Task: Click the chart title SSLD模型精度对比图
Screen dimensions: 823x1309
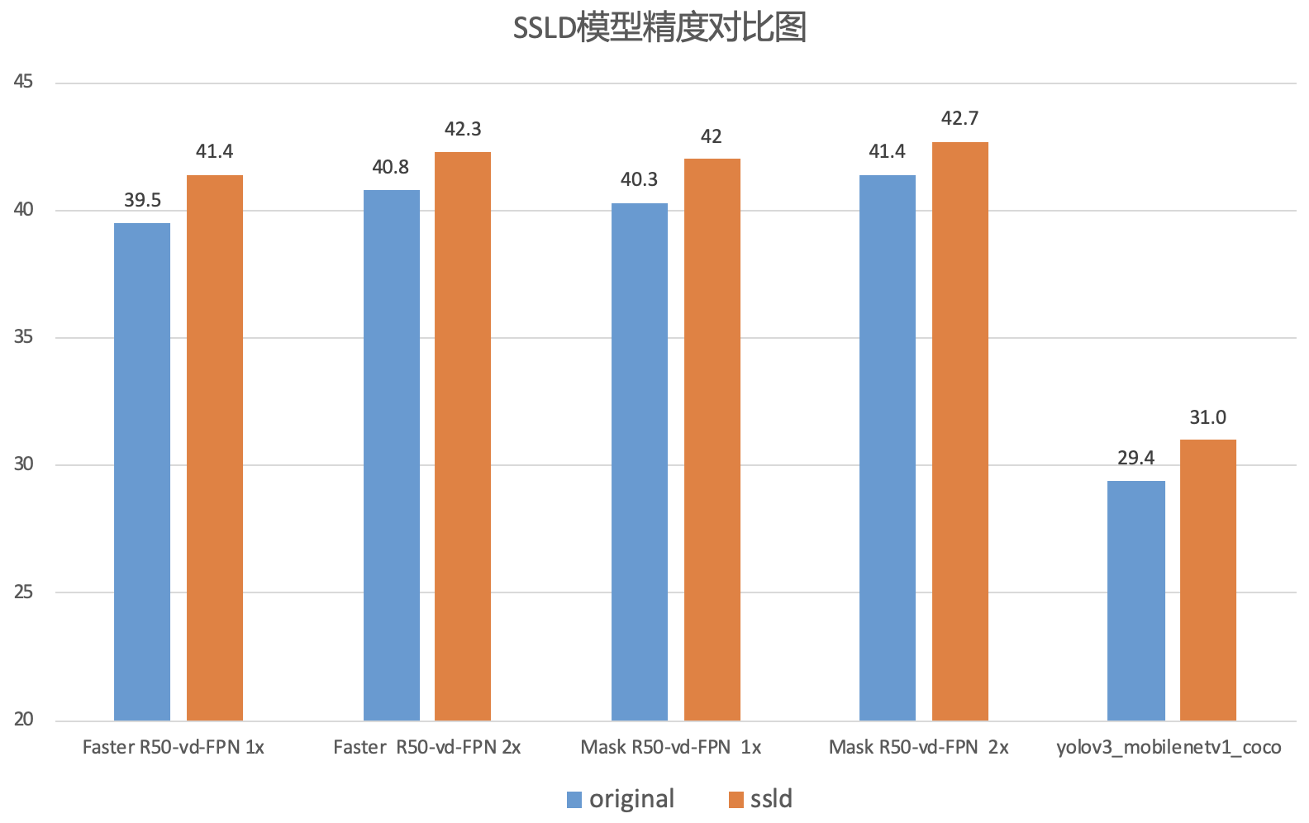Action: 659,29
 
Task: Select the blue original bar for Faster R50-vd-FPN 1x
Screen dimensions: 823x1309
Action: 142,472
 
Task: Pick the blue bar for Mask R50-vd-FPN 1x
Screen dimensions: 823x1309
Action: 640,462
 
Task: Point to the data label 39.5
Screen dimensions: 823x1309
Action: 142,201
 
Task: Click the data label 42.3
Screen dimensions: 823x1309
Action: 463,129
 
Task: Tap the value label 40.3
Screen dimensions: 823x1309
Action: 639,180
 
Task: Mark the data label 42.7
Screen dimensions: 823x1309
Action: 960,119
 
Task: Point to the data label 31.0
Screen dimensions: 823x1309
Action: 1208,418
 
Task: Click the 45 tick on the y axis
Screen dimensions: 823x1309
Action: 23,82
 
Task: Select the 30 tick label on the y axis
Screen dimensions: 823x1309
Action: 23,464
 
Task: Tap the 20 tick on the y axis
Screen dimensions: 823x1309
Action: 23,720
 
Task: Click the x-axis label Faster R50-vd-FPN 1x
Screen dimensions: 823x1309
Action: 174,748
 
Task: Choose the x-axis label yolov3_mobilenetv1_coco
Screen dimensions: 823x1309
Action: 1169,748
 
